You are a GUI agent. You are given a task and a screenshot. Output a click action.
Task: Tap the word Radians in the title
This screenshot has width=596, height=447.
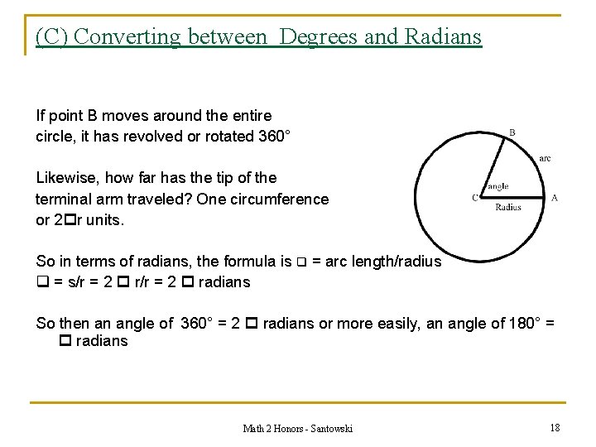tap(442, 36)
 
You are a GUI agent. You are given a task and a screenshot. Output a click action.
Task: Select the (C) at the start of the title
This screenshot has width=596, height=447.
tap(50, 36)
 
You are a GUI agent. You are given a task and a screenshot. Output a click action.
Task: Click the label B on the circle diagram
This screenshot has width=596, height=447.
tap(512, 132)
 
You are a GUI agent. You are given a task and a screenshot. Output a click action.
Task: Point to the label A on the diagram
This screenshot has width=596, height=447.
tap(554, 198)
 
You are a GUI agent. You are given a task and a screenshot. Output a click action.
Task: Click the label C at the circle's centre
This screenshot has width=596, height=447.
tap(475, 198)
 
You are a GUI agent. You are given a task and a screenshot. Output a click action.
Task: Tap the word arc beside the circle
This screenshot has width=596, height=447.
tap(544, 158)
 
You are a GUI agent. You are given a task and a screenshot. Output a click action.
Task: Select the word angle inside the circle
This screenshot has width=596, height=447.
tap(498, 187)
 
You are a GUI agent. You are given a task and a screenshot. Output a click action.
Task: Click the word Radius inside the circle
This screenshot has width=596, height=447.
tap(508, 208)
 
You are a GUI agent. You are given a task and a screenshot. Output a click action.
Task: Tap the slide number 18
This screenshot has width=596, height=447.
tap(555, 427)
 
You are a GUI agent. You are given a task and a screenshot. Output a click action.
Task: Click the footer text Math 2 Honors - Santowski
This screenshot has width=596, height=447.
tap(297, 428)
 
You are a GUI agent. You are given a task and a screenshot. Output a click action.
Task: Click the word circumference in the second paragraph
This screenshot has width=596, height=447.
tap(286, 199)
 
